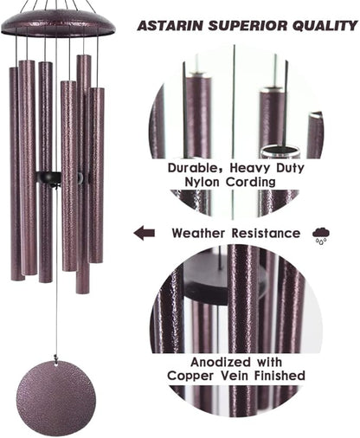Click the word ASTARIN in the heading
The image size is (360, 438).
(170, 26)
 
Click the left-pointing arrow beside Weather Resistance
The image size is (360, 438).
(145, 233)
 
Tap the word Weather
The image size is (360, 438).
(200, 233)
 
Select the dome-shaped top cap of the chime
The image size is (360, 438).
(56, 21)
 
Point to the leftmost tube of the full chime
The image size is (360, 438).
(16, 173)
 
